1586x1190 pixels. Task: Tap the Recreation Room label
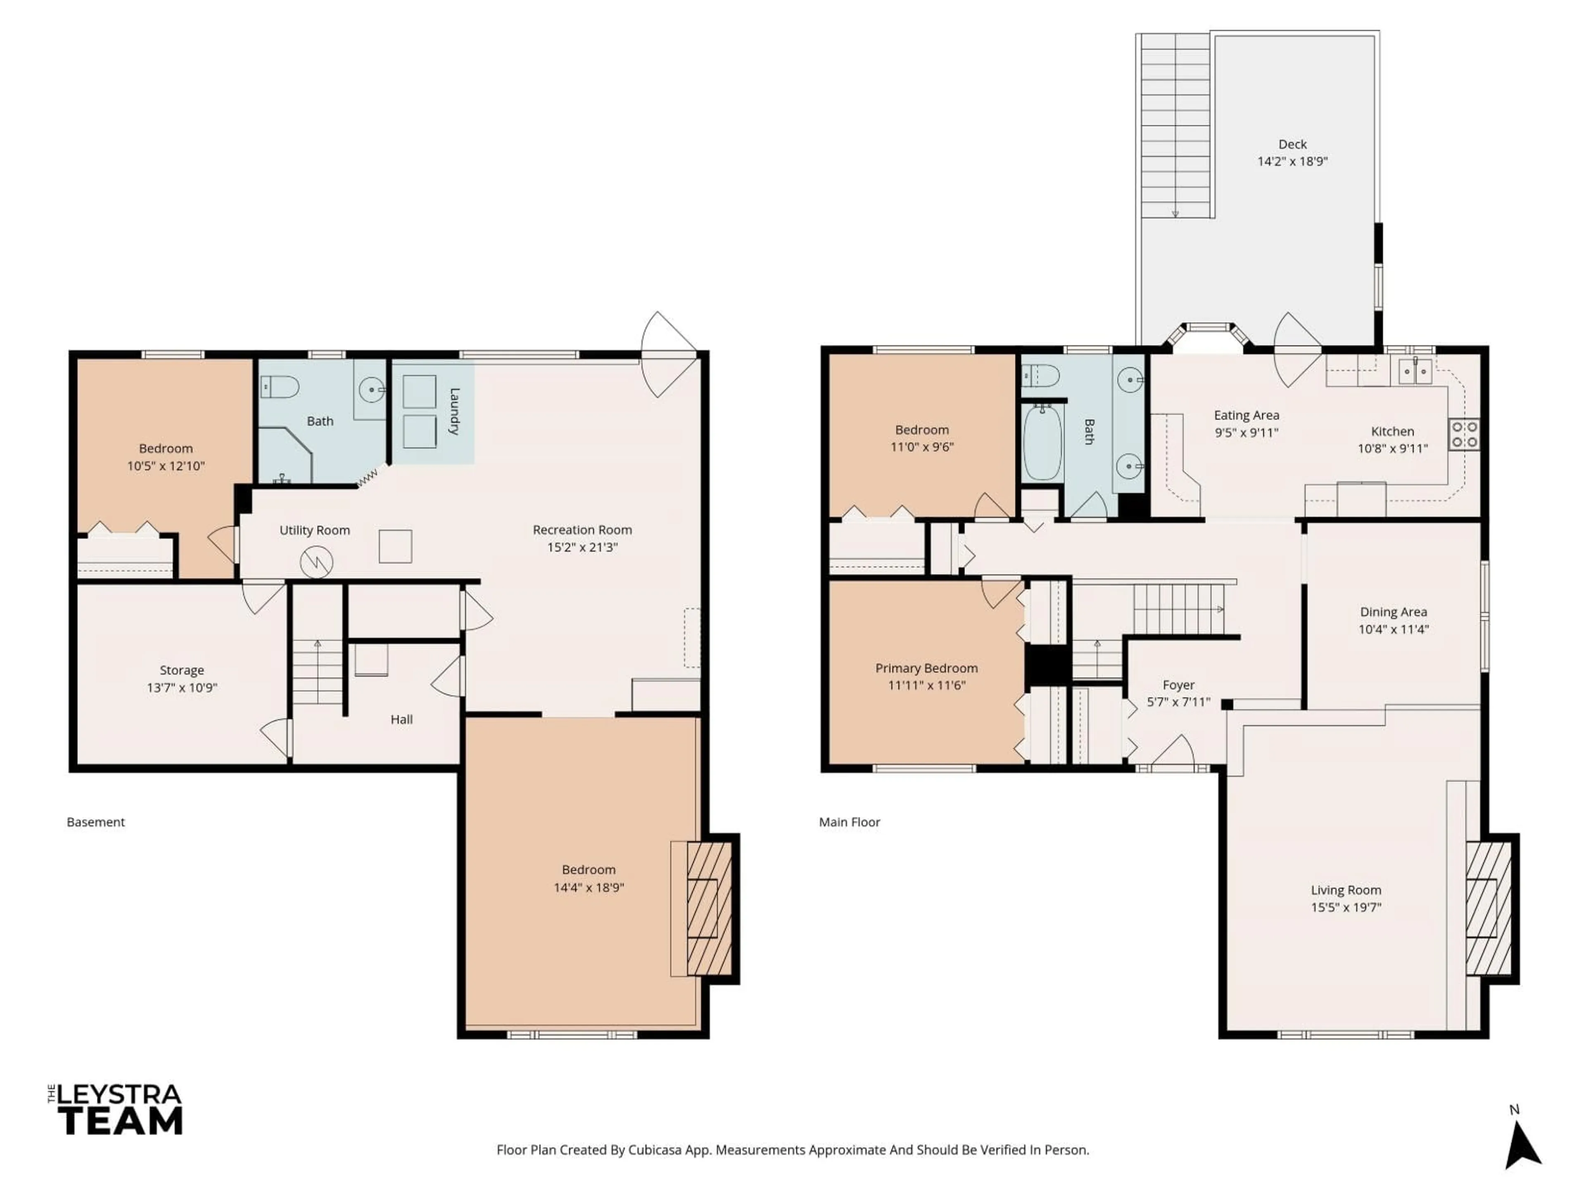click(582, 530)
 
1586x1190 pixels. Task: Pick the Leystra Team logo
click(116, 1109)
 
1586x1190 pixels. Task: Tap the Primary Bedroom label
click(926, 668)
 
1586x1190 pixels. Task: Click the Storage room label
click(181, 670)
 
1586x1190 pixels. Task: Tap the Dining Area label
click(1393, 612)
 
